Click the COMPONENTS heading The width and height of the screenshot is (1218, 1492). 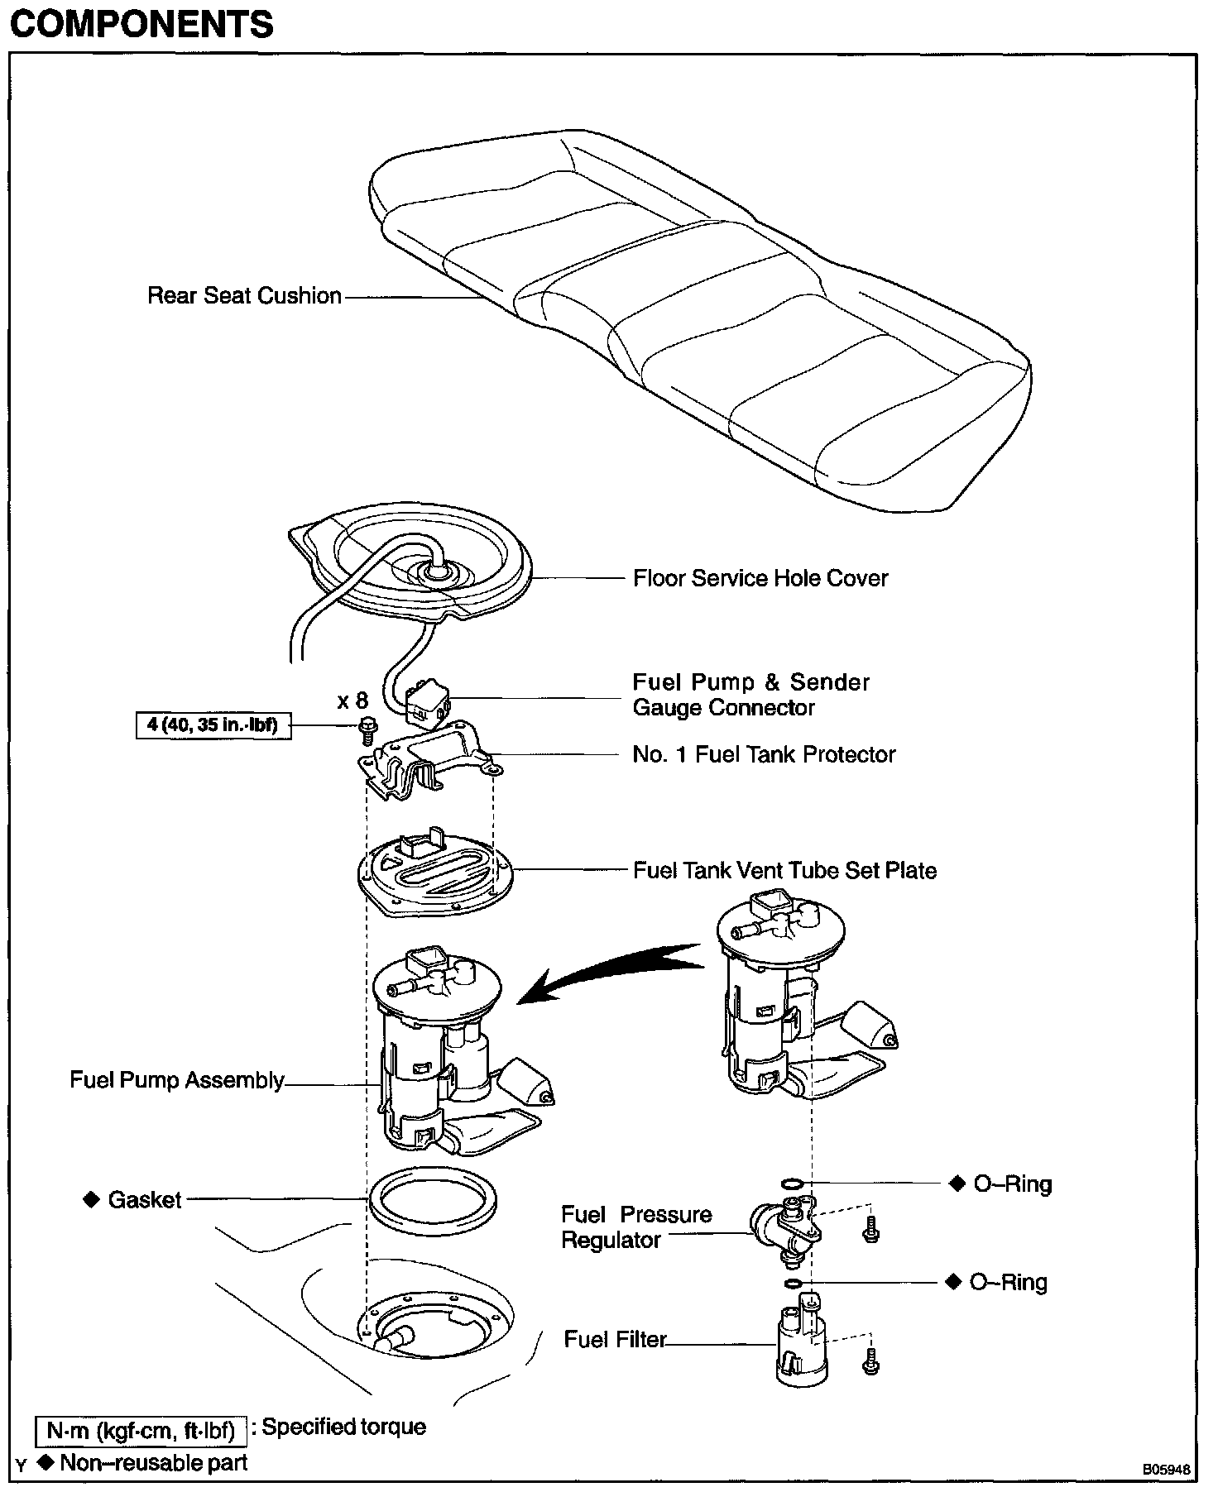[141, 26]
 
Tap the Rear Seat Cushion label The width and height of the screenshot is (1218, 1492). [244, 296]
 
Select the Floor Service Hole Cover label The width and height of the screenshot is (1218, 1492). [760, 578]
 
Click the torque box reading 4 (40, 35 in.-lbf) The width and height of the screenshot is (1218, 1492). [213, 726]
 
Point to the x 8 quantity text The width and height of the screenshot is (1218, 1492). [352, 701]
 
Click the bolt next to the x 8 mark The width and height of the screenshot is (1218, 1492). [367, 729]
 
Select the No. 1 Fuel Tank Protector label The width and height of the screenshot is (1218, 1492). [764, 754]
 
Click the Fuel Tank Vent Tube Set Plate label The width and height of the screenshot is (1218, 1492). [784, 870]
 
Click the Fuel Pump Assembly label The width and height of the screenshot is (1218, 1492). [177, 1080]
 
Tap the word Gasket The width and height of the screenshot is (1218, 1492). [144, 1200]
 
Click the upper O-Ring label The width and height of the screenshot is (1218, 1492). [1012, 1184]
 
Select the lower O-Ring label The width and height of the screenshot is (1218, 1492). [1008, 1283]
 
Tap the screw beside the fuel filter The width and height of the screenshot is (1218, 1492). [870, 1362]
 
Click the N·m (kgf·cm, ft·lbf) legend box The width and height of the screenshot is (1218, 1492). [141, 1431]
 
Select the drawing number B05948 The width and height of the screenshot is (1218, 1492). [1166, 1470]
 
